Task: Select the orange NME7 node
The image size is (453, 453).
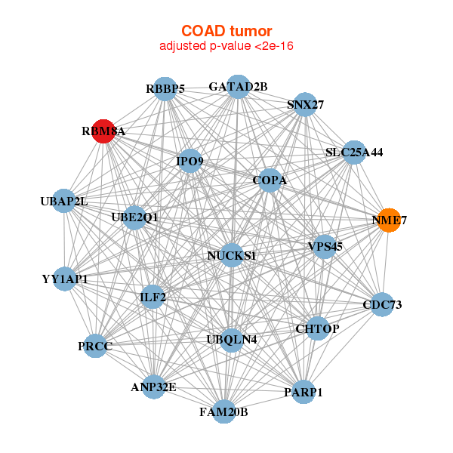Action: [x=388, y=220]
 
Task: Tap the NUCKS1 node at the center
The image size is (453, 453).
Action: [x=231, y=255]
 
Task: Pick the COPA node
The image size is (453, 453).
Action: [x=269, y=181]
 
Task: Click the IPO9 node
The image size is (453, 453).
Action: [x=190, y=160]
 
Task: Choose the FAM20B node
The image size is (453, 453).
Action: [x=223, y=411]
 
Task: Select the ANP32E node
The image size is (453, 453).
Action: [x=153, y=387]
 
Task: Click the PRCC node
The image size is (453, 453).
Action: [x=95, y=346]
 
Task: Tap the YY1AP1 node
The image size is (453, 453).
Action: [x=66, y=279]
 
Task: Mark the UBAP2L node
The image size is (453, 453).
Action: [x=65, y=201]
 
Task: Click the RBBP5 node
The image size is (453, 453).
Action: [x=165, y=88]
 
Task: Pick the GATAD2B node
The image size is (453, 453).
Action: [x=238, y=86]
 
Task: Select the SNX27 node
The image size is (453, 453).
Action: [x=305, y=105]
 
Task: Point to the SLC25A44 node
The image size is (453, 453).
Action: [x=354, y=153]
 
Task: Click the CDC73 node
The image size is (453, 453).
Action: [x=382, y=304]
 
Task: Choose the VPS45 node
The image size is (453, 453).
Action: [x=325, y=246]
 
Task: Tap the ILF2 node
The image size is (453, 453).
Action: [x=153, y=297]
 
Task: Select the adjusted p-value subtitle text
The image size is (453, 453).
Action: [x=226, y=46]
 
